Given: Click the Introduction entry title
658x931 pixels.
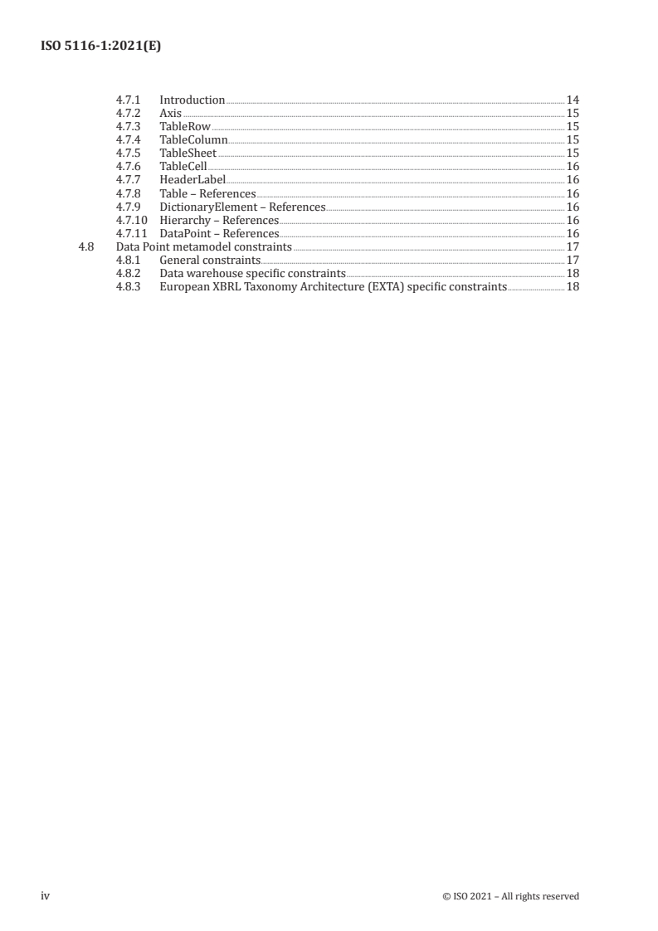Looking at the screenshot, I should pyautogui.click(x=192, y=100).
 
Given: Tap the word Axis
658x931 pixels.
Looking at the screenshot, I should pyautogui.click(x=170, y=114).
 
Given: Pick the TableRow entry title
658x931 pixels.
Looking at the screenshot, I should pyautogui.click(x=185, y=127).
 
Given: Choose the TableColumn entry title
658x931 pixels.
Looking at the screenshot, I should pyautogui.click(x=193, y=140).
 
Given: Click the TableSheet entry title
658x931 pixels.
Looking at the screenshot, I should pyautogui.click(x=188, y=154).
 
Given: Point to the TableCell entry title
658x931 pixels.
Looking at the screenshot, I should pyautogui.click(x=183, y=167).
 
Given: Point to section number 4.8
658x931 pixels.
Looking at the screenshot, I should pyautogui.click(x=84, y=246).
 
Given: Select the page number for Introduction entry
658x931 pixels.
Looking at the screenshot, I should pyautogui.click(x=572, y=100).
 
